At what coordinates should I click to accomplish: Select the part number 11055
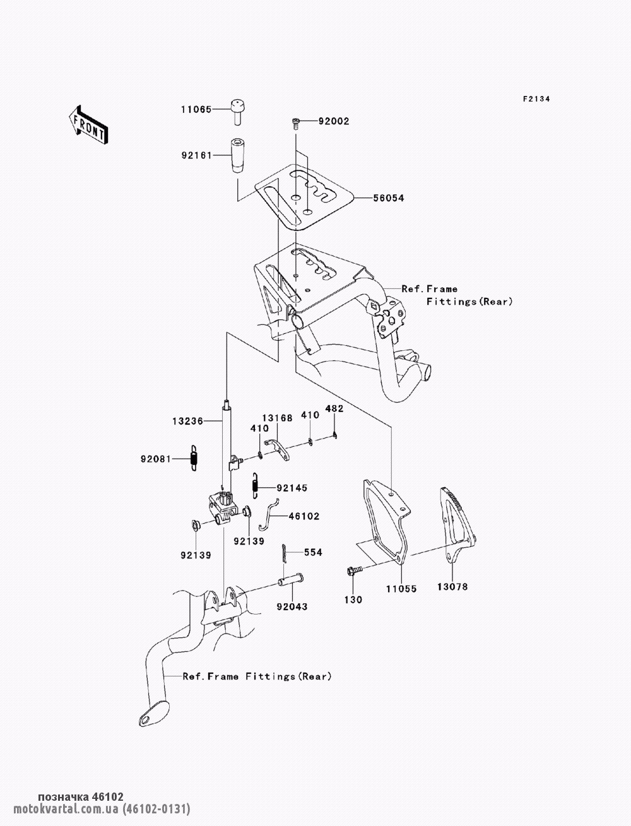pyautogui.click(x=401, y=587)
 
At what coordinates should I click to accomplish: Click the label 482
pyautogui.click(x=334, y=408)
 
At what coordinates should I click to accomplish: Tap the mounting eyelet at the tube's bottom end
pyautogui.click(x=150, y=716)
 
